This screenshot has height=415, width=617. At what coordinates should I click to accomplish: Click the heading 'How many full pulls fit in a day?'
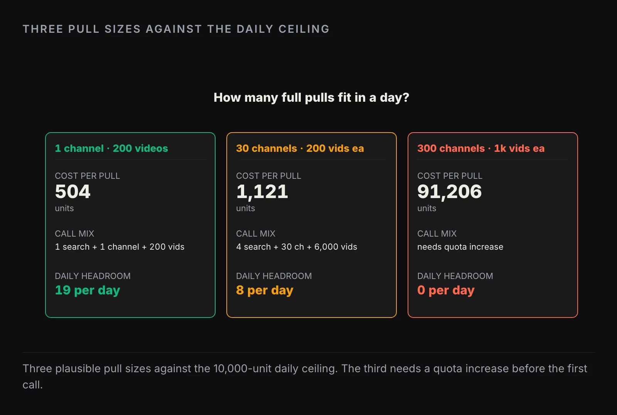coord(311,98)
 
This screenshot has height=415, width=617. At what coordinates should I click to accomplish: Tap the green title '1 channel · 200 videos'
coord(111,148)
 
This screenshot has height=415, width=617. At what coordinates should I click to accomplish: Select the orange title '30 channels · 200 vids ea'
coord(300,148)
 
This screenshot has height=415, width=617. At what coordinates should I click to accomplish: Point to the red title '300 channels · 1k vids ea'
coord(481,148)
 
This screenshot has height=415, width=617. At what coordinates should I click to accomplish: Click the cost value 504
coord(73,191)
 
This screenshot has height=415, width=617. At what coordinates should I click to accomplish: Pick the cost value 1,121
coord(262,192)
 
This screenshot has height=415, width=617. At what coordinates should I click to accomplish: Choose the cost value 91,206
coord(450,192)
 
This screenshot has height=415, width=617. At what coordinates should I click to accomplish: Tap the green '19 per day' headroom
coord(87,290)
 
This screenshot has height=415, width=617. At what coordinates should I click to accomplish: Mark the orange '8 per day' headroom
coord(265,290)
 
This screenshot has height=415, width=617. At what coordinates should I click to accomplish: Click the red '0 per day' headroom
coord(446,290)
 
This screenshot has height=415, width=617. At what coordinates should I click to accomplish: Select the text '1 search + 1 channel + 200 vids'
coord(120,247)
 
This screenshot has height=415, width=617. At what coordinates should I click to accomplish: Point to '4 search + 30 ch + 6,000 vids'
coord(297,247)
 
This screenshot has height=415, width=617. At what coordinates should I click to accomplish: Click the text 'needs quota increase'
coord(460,247)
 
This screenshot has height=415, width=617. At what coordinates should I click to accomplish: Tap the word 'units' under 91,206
coord(427,208)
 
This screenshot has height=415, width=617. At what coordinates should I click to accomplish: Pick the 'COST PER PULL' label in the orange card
coord(268,176)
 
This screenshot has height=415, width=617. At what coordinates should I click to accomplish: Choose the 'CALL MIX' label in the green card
coord(74,234)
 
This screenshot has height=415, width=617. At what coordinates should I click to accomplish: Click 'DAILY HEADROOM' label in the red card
coord(455,276)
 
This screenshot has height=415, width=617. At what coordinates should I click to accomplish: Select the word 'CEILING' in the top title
coord(304,29)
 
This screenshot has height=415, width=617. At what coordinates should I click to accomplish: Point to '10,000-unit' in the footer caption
coord(243,368)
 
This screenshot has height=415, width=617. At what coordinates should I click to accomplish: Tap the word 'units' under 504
coord(64,208)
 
